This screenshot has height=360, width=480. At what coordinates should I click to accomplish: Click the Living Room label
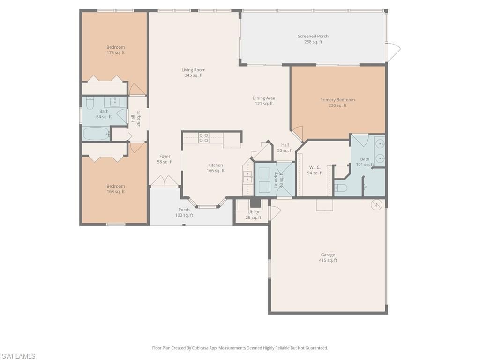[194, 73]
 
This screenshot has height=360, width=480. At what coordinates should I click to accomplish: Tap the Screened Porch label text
[313, 39]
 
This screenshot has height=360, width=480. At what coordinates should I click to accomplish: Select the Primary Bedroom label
[337, 103]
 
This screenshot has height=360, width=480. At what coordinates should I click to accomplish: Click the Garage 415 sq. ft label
[328, 257]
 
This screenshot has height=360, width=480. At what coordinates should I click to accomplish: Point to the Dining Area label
[264, 101]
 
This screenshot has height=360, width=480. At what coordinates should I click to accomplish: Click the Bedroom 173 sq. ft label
[115, 50]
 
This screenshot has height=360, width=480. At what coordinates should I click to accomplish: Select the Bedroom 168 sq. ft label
[115, 189]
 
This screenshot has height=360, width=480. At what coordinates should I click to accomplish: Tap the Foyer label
[165, 159]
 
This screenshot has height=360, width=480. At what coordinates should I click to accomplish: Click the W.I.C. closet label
[315, 170]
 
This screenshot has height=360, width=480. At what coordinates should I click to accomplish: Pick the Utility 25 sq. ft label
[254, 215]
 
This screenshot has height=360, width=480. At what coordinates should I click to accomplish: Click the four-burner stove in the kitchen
[204, 137]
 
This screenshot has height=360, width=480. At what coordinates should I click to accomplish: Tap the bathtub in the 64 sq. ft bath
[96, 134]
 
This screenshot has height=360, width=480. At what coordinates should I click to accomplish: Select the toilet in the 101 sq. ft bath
[341, 188]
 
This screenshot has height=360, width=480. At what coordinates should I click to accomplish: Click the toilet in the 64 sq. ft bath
[90, 102]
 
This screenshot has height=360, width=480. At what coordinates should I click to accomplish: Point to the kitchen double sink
[247, 177]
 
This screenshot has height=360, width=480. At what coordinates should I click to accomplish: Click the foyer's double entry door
[165, 181]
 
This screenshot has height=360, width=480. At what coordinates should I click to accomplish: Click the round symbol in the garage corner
[375, 204]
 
